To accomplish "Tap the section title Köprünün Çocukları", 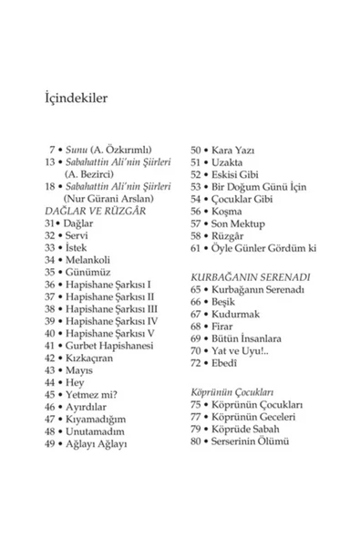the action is (x=231, y=389).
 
